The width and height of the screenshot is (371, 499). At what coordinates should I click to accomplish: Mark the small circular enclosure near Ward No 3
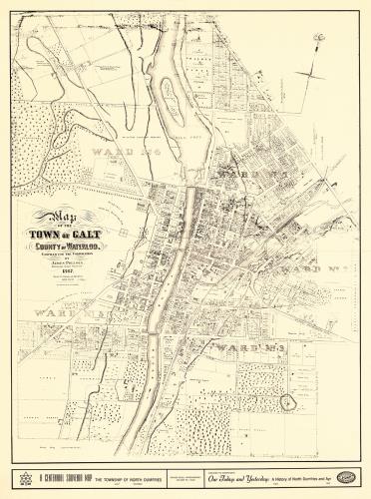(x=290, y=402)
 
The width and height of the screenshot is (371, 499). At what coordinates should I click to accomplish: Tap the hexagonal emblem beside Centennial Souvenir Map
(x=25, y=478)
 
